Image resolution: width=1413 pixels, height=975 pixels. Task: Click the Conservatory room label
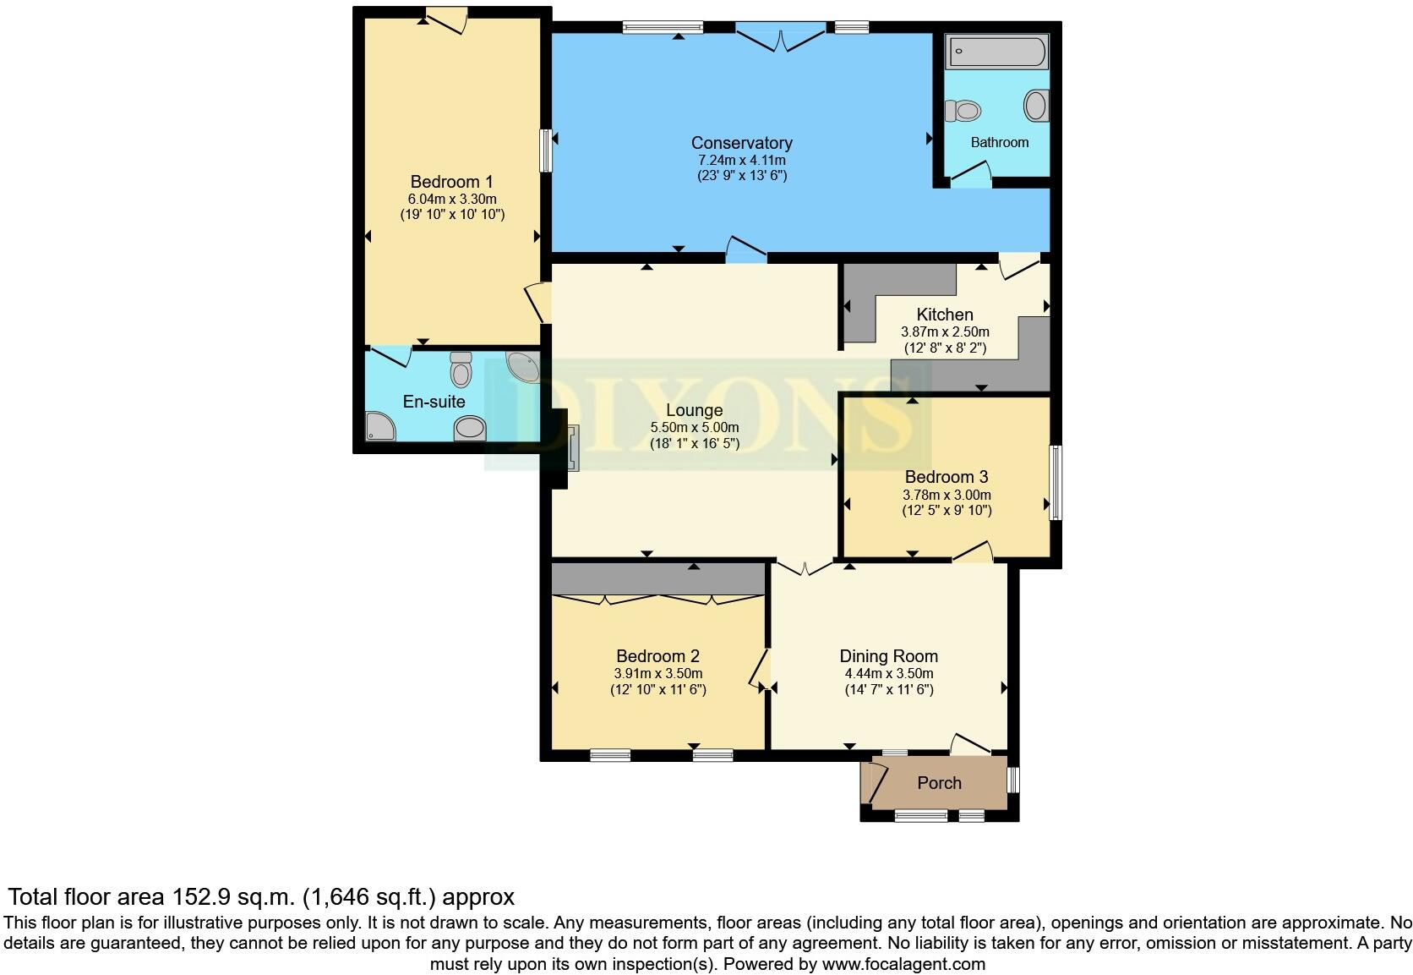point(741,143)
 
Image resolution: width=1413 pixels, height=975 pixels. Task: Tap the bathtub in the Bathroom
point(996,52)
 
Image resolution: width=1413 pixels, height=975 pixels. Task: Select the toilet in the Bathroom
point(963,110)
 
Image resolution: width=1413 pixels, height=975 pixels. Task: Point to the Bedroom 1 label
point(451,182)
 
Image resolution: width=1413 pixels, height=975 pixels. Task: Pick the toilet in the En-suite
point(461,369)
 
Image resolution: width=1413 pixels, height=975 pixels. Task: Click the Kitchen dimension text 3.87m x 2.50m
point(945,332)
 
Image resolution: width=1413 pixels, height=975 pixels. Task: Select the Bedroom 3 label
point(946,477)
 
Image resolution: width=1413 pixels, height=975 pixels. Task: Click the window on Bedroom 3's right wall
point(1056,482)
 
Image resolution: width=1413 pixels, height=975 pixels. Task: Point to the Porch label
point(939,783)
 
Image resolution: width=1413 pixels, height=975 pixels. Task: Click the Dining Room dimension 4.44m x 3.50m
point(888,674)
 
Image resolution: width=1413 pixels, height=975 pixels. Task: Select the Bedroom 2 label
point(657,656)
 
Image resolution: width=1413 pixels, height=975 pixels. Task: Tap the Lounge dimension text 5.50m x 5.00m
point(694,428)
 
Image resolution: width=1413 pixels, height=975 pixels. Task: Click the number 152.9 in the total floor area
point(199,896)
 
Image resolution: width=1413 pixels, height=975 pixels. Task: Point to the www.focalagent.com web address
point(903,964)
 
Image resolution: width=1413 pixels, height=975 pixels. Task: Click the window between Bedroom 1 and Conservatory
point(546,150)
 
